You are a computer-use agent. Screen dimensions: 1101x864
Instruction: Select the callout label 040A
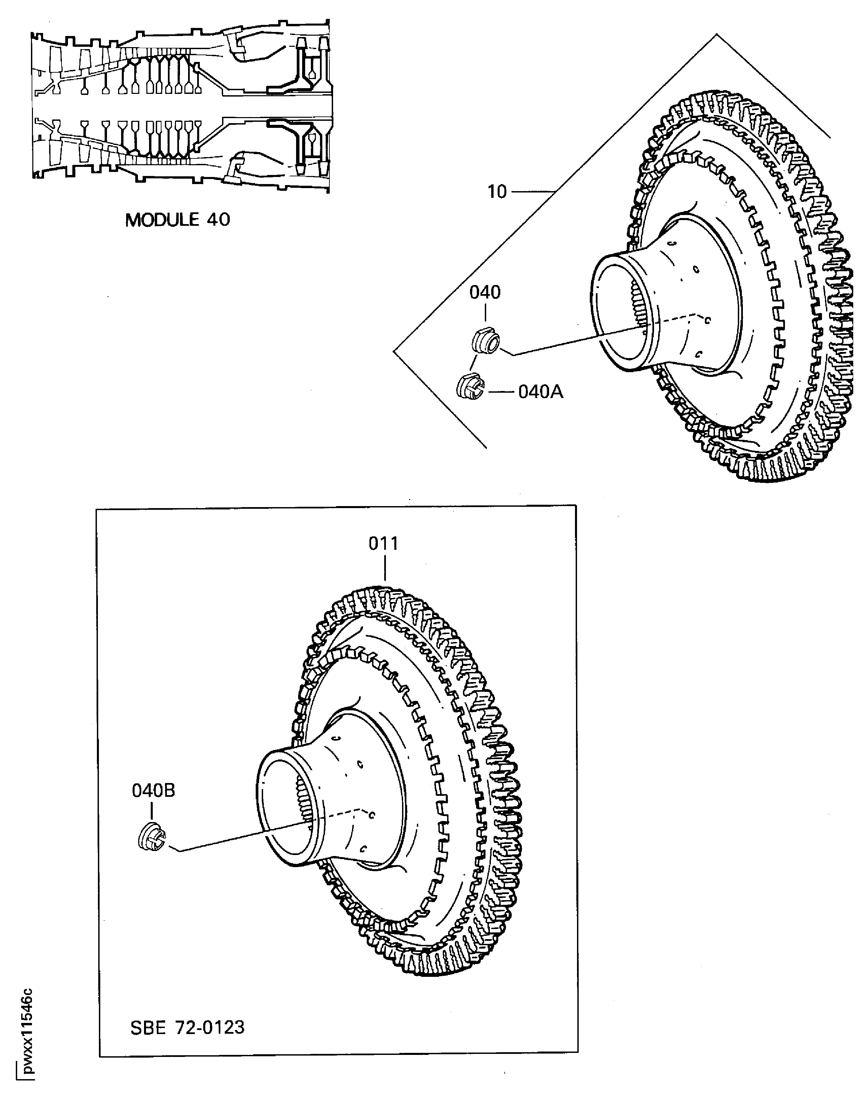point(540,392)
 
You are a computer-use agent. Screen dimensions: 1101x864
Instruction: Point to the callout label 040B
point(153,790)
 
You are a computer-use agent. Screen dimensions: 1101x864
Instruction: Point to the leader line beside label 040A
point(500,392)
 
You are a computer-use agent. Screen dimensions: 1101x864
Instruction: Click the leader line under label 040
point(485,315)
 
